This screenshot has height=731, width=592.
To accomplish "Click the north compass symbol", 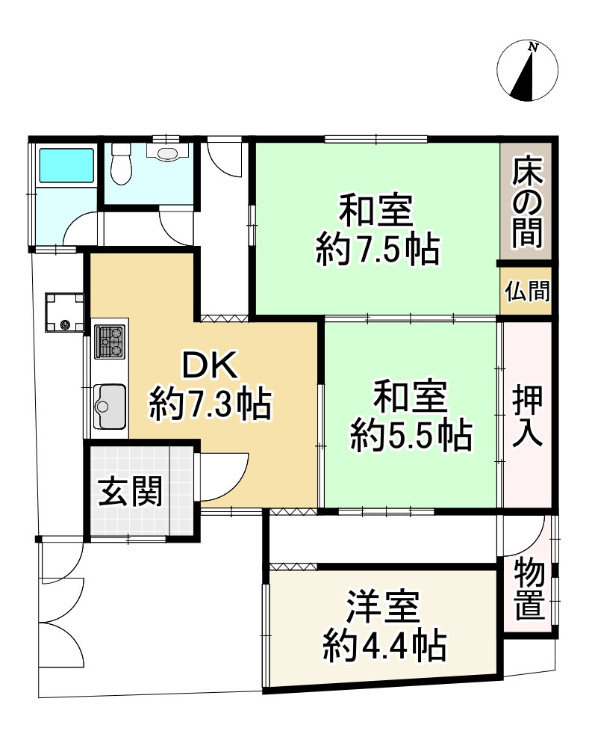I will click(x=527, y=70).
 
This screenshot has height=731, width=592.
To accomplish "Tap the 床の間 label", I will click(x=527, y=200).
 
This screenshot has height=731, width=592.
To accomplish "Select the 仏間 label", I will click(x=526, y=291).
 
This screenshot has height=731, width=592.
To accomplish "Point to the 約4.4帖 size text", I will click(x=384, y=644).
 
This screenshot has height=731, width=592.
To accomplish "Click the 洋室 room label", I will click(x=384, y=608).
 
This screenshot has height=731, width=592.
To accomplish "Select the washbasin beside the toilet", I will click(x=169, y=153).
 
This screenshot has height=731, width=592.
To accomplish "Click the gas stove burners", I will click(x=110, y=342).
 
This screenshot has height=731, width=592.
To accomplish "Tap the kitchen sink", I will click(x=110, y=407).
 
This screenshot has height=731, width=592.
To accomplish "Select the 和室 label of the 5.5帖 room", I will click(x=410, y=398).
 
